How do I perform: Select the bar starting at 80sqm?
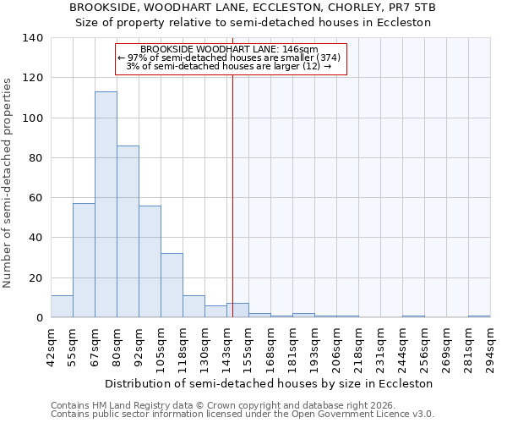coord(128,232)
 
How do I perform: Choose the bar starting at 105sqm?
coord(172,286)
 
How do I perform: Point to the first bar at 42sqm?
coord(62,306)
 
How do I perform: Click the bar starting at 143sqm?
coord(237,310)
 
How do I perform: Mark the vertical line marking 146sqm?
coord(232,186)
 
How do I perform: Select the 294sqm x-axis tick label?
coord(490,345)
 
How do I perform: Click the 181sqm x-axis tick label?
coord(292,345)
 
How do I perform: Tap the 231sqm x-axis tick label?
coord(380,345)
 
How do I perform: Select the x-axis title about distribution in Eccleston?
coord(270,383)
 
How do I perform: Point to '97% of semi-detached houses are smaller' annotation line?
coord(229,58)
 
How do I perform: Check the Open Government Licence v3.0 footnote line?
coord(242,415)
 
